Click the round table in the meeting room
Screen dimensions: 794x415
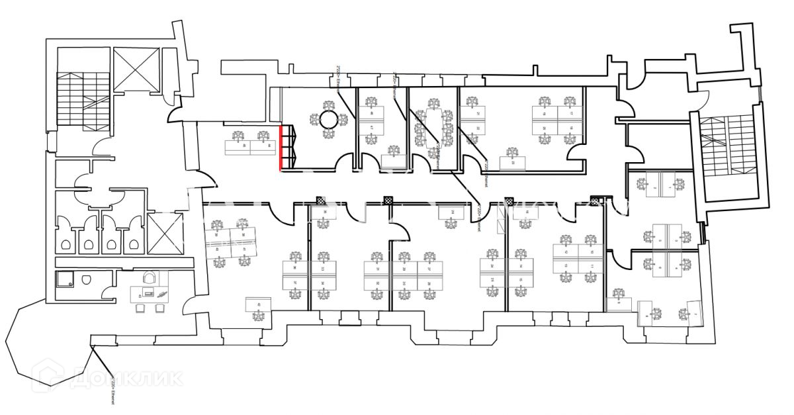(x=329, y=120)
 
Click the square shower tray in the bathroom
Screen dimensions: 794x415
(x=65, y=281)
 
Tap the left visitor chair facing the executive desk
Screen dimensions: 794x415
(x=140, y=308)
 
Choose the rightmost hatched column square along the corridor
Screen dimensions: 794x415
(x=594, y=201)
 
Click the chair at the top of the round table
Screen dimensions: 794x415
(x=329, y=105)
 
